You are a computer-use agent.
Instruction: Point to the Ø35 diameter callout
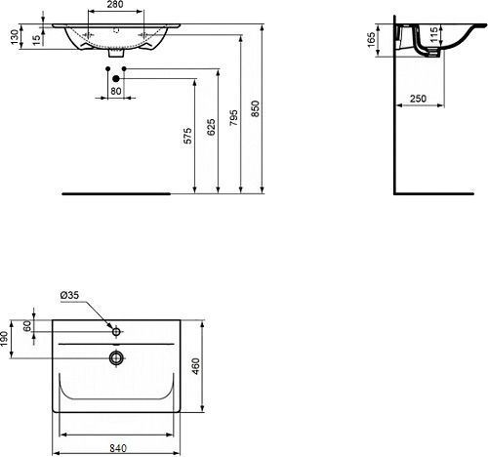(x=69, y=293)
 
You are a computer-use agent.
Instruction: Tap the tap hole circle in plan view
(x=116, y=333)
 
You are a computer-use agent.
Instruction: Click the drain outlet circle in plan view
(x=116, y=357)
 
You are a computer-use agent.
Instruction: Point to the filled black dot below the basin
(x=116, y=78)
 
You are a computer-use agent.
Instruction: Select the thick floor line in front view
(x=115, y=193)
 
